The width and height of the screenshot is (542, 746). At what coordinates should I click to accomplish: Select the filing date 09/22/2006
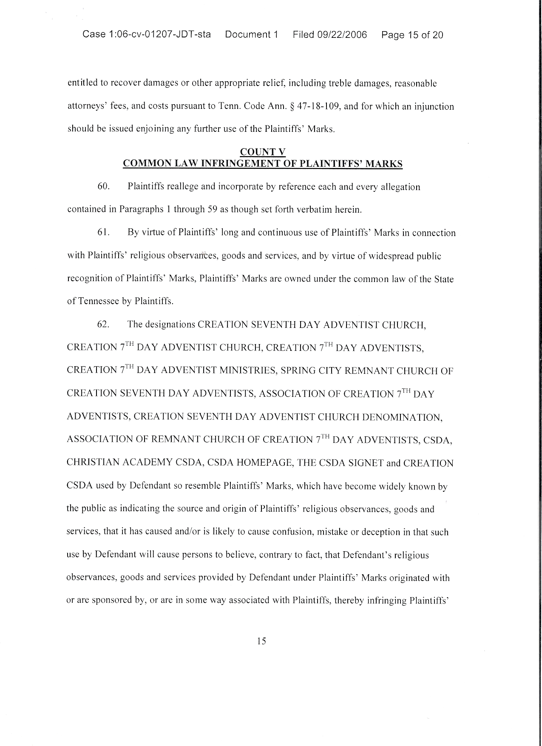(x=342, y=34)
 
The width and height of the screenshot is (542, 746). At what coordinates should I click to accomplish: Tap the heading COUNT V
(x=263, y=152)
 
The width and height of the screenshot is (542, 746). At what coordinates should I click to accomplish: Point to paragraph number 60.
(x=104, y=187)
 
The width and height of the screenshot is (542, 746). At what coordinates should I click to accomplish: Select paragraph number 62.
(x=104, y=325)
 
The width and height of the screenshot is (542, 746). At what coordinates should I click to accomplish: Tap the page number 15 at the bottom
(x=262, y=641)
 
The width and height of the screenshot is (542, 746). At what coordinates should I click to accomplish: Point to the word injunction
(x=434, y=106)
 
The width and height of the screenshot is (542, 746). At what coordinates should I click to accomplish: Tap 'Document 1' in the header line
(x=252, y=34)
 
